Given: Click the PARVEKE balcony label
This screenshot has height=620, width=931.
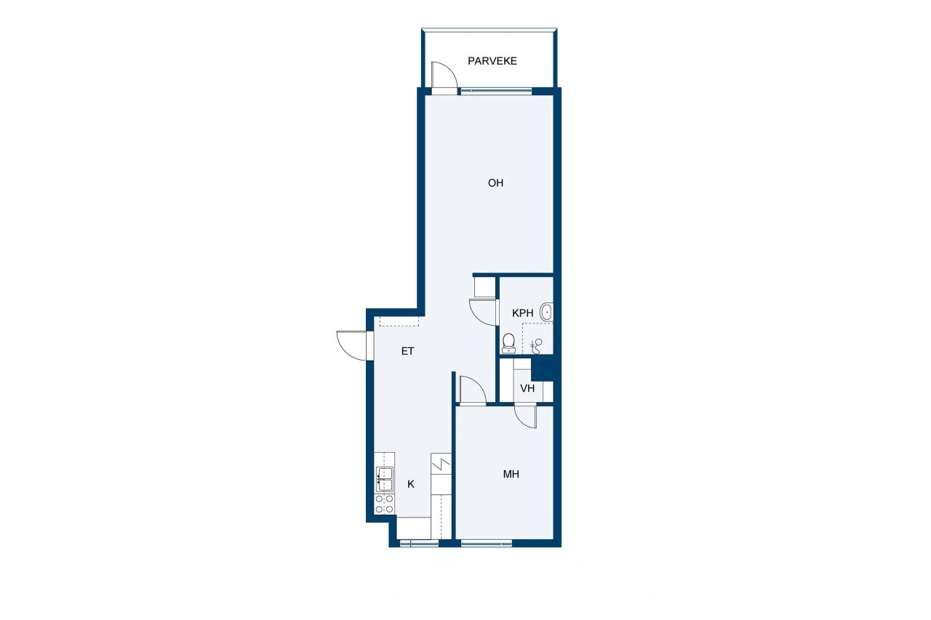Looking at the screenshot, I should pyautogui.click(x=492, y=61).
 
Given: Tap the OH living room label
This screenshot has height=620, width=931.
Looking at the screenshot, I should pyautogui.click(x=495, y=183).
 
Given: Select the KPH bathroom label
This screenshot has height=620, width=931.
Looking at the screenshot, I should pyautogui.click(x=522, y=313).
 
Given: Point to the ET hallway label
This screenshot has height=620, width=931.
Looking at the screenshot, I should pyautogui.click(x=407, y=351).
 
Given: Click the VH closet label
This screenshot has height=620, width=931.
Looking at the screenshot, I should pyautogui.click(x=527, y=389).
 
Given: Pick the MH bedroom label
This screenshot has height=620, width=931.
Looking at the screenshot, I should pyautogui.click(x=511, y=475).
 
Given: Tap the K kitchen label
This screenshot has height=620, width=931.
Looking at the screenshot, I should pyautogui.click(x=411, y=484).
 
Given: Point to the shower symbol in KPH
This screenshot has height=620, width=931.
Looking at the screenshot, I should pyautogui.click(x=538, y=345).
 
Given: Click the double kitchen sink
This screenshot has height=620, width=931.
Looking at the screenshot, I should pyautogui.click(x=384, y=480).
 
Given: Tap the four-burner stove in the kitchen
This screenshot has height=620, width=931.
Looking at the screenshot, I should pyautogui.click(x=384, y=504).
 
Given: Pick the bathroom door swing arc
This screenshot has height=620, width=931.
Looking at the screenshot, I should pyautogui.click(x=483, y=313).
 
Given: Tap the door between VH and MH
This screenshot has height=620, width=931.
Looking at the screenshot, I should pyautogui.click(x=524, y=416).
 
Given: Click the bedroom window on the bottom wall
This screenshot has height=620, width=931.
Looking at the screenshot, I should pyautogui.click(x=486, y=542).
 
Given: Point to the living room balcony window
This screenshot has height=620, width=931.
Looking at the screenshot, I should pyautogui.click(x=496, y=91).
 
